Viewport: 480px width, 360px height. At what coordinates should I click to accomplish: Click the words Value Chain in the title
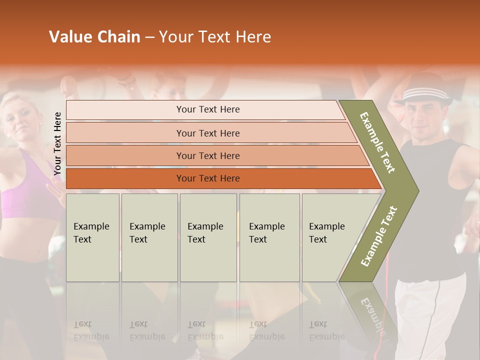[94, 37]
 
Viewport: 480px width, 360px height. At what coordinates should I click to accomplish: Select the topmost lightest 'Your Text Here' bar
[207, 109]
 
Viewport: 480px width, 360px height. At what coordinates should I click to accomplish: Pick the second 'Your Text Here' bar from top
[207, 133]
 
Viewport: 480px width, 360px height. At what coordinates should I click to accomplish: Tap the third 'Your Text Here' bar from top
[207, 155]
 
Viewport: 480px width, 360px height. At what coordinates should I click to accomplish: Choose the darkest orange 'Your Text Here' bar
[207, 178]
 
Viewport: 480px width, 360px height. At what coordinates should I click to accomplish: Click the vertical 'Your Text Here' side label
[58, 143]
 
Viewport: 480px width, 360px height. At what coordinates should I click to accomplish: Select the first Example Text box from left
[92, 237]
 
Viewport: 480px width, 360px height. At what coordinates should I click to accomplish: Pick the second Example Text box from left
[149, 237]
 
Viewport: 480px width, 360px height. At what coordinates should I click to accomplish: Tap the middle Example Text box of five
[208, 237]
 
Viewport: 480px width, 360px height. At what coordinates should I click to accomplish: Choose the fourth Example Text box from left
[269, 237]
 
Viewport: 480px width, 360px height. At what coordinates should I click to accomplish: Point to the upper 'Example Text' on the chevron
[377, 142]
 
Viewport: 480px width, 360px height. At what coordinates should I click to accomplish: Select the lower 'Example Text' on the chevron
[378, 236]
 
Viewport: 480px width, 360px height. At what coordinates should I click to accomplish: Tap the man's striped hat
[423, 92]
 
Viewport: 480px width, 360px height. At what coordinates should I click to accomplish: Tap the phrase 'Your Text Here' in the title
[215, 37]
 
